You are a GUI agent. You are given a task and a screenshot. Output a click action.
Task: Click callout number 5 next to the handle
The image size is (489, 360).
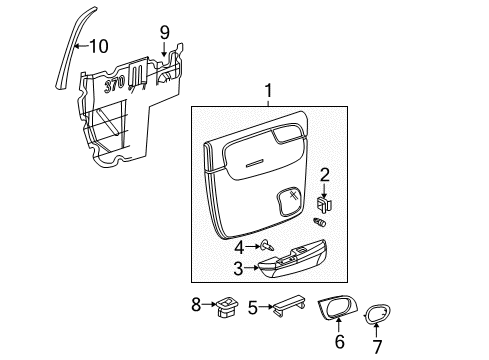(253, 308)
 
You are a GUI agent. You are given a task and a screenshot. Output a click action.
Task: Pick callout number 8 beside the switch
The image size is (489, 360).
(196, 303)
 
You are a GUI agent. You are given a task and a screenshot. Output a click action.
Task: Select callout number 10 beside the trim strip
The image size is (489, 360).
(98, 45)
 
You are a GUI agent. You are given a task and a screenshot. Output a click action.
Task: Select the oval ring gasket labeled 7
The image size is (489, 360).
(378, 315)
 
